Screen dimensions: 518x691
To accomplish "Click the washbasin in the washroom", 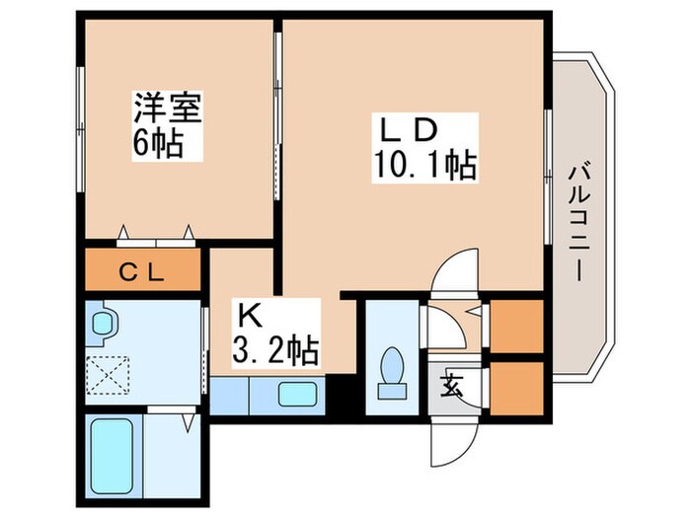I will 102,323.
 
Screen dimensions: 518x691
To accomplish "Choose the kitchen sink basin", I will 296,396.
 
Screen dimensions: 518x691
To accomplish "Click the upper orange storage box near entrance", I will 516,325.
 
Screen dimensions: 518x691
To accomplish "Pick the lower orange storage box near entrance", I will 516,387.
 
